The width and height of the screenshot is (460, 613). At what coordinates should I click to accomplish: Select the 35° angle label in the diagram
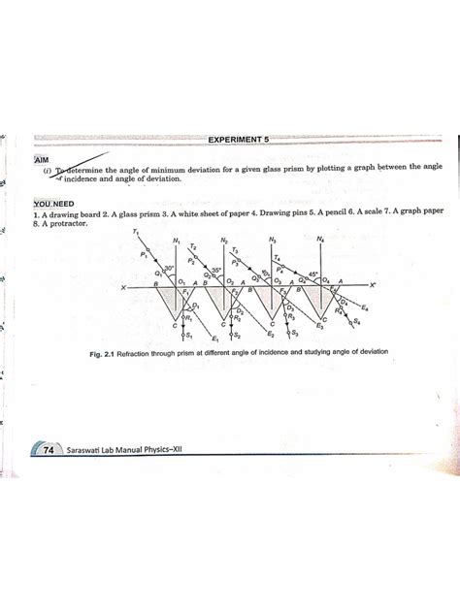[x=216, y=273]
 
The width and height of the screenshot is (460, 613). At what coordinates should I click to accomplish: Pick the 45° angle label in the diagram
[x=312, y=274]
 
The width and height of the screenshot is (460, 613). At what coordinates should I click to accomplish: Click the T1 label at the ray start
[x=138, y=234]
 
